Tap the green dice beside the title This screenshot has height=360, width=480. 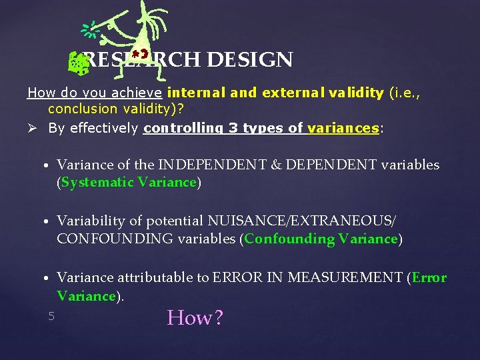[x=79, y=64]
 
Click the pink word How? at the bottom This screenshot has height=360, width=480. [x=195, y=317]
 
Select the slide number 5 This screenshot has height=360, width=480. [x=51, y=316]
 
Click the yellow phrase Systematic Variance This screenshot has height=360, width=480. [x=129, y=182]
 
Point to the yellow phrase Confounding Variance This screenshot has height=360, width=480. [x=321, y=239]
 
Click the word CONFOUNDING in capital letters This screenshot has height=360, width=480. [x=115, y=239]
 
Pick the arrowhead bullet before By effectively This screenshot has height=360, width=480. [x=33, y=128]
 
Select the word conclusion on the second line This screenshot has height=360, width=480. [x=81, y=109]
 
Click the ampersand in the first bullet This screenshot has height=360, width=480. [x=279, y=164]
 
